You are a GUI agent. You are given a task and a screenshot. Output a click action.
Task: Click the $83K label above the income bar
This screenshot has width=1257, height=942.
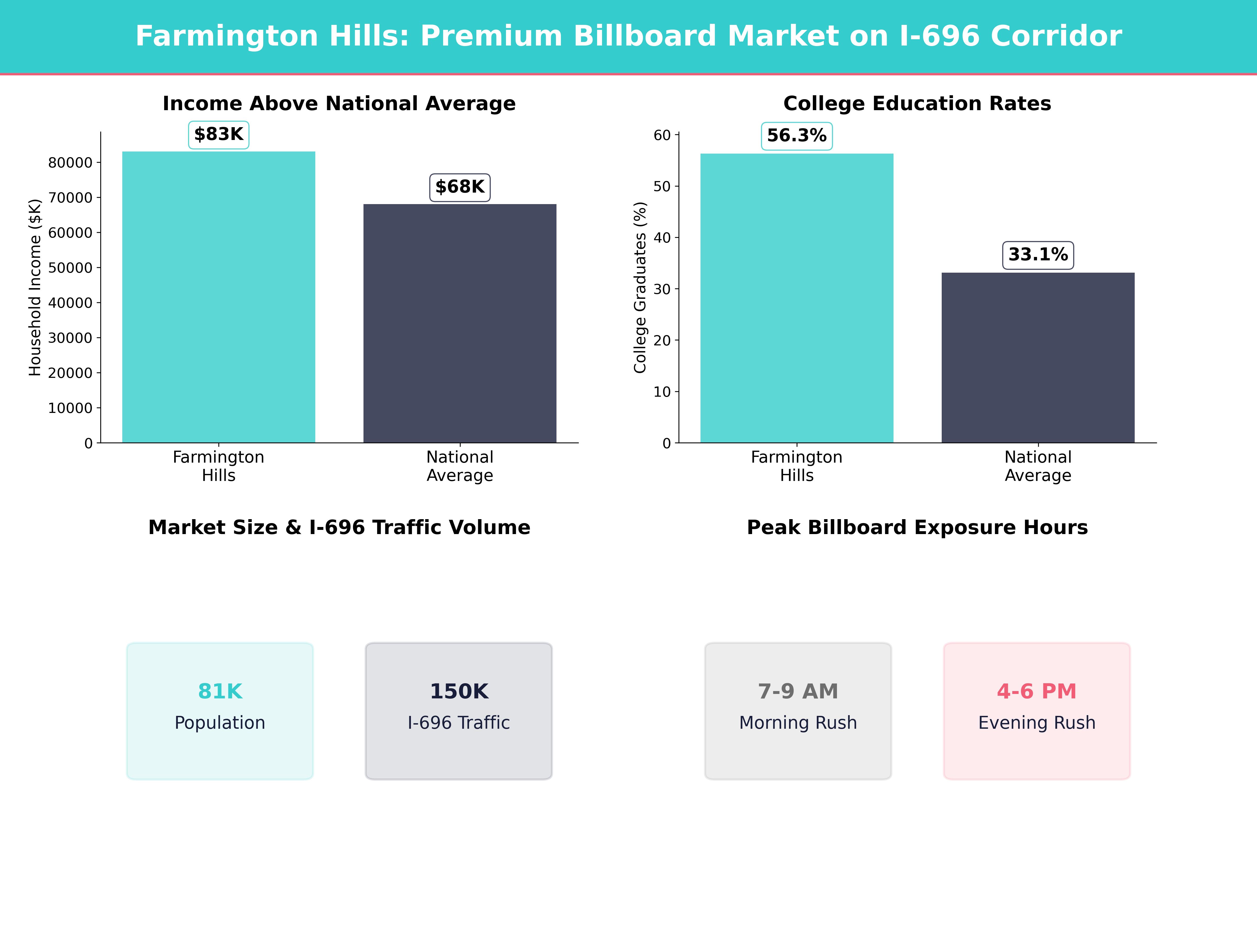(x=219, y=134)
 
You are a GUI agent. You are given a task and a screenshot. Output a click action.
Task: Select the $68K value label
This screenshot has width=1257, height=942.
(x=460, y=187)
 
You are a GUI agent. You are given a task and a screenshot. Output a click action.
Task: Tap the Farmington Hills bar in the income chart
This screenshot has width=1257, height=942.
(x=219, y=297)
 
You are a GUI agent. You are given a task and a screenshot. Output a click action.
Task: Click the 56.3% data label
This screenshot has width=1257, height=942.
(x=797, y=136)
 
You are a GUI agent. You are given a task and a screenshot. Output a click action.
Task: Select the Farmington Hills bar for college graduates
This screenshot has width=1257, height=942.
(x=797, y=298)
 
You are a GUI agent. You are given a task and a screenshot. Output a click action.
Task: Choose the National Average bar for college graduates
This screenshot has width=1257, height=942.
(x=1038, y=358)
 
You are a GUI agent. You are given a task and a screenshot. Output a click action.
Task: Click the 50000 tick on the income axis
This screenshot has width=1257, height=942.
(x=70, y=268)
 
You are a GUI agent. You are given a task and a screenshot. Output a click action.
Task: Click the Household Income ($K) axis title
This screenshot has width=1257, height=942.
(x=35, y=287)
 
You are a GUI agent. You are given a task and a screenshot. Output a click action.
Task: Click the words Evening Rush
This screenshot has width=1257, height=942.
(x=1037, y=723)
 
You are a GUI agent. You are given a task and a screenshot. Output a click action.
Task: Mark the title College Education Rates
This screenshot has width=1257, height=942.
(x=917, y=103)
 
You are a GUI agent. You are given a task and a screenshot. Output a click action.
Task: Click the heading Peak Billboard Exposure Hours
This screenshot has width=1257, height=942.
(x=917, y=528)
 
